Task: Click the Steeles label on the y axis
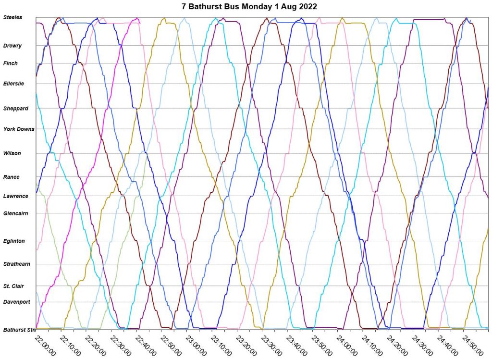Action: click(12, 17)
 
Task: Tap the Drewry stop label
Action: click(12, 46)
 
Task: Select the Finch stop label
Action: click(11, 63)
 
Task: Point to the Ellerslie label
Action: click(14, 84)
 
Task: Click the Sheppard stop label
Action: click(16, 109)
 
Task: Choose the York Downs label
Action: click(19, 129)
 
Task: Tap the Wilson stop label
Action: click(12, 153)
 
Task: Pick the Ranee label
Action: click(12, 177)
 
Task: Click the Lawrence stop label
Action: click(16, 196)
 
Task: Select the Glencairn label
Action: click(16, 213)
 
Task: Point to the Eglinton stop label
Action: click(14, 241)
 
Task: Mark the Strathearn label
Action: click(17, 264)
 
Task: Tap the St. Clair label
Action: click(14, 286)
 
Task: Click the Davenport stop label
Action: click(17, 302)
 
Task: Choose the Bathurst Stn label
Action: click(19, 330)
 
